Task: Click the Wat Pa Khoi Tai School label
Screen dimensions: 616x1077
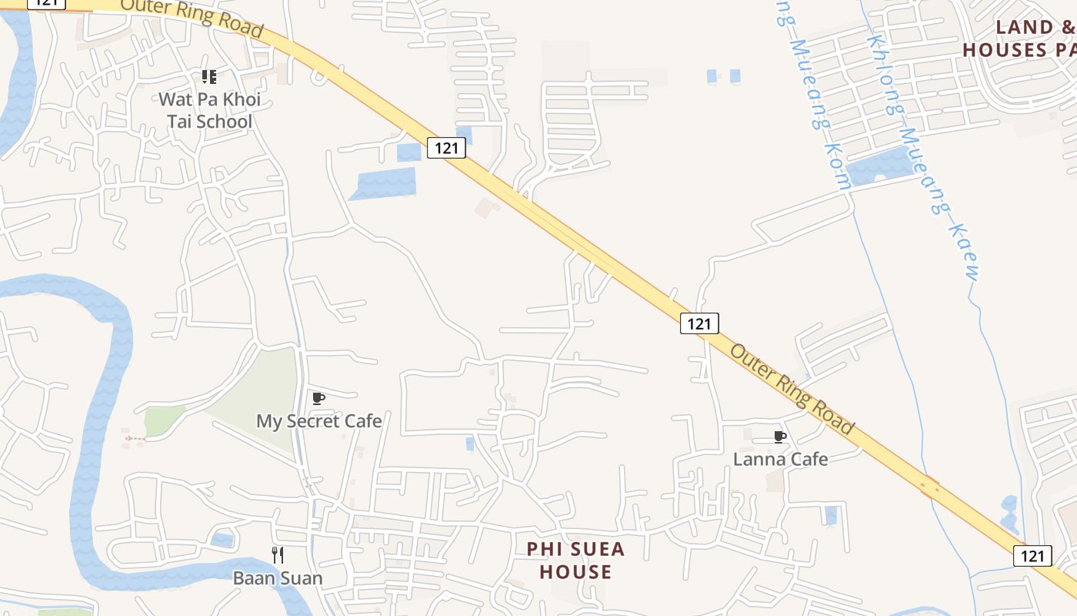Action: pos(209,110)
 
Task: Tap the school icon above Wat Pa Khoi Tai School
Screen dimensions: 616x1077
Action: pos(208,77)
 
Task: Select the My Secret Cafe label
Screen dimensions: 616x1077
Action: pos(318,421)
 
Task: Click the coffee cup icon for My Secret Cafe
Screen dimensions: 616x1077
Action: pos(318,398)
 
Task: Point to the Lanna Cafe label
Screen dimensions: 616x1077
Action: pos(780,460)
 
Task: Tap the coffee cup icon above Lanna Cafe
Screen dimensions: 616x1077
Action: pos(780,437)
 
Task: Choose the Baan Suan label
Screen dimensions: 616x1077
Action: pos(278,577)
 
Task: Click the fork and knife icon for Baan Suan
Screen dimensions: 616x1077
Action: pos(278,554)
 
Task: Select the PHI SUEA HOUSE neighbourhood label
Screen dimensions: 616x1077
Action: pos(575,561)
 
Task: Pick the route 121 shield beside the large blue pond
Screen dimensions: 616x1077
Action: pos(447,148)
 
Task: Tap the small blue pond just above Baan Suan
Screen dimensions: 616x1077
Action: pos(222,540)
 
